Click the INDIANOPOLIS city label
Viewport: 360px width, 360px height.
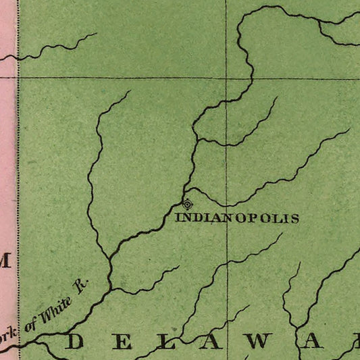[236, 218]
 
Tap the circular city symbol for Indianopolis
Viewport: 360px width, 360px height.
[188, 203]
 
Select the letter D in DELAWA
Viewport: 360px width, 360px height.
[74, 342]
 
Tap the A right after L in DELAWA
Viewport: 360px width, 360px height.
[210, 342]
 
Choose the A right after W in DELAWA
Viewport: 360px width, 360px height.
[313, 342]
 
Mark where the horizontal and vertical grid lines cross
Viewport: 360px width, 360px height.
[226, 78]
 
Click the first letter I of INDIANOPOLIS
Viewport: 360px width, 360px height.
[178, 218]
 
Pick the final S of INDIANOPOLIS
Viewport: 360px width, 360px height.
[294, 218]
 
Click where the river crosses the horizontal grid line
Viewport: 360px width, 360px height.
[253, 78]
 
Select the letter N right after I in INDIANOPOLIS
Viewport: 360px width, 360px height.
[185, 218]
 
